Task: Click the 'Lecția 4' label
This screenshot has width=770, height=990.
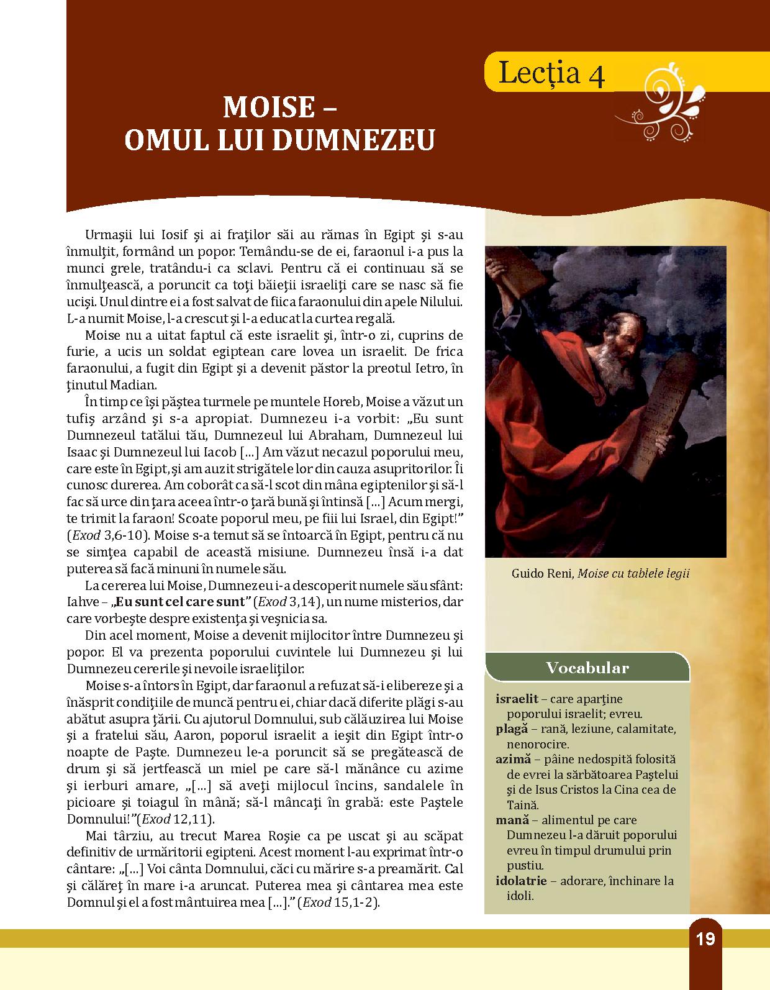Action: click(x=550, y=75)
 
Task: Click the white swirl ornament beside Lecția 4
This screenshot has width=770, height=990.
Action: click(x=668, y=98)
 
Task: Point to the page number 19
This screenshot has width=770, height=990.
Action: click(x=705, y=939)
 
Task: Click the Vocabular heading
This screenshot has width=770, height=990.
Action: click(x=587, y=668)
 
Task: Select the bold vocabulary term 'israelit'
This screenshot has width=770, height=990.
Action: click(x=517, y=699)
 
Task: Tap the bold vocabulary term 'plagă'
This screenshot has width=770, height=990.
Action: click(x=512, y=729)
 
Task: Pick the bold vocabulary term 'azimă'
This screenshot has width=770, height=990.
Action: click(x=514, y=759)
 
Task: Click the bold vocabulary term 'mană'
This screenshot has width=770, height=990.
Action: click(x=512, y=820)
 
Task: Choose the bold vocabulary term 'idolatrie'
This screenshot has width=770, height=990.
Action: click(x=521, y=881)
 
